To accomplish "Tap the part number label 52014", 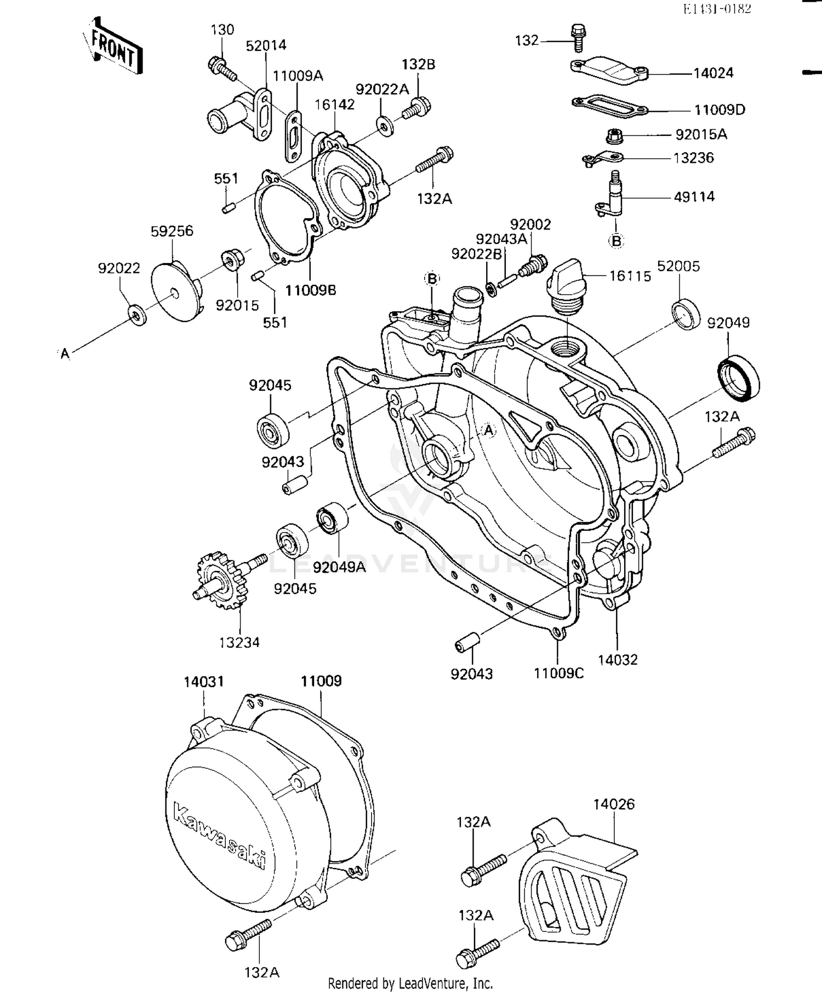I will (266, 45).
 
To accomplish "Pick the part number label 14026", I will (614, 804).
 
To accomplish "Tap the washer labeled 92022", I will (136, 315).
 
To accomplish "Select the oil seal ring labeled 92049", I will (739, 377).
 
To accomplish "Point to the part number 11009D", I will (720, 110).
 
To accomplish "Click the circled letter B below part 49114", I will (616, 241).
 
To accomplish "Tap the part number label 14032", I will (618, 660).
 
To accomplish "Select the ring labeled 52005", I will (686, 314).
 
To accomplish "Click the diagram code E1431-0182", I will (717, 9).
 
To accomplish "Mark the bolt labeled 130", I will (221, 69).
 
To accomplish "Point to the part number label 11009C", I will (558, 673).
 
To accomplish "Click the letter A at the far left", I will (65, 354).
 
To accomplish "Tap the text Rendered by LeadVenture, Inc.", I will (410, 983).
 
